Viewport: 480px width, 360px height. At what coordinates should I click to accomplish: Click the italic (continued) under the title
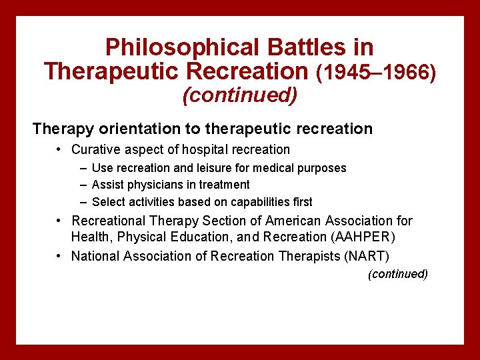[239, 95]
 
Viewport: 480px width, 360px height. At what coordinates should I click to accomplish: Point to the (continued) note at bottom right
[398, 274]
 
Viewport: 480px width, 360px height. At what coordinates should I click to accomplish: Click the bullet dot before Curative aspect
[59, 149]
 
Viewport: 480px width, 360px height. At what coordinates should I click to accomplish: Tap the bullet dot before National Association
[59, 256]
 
